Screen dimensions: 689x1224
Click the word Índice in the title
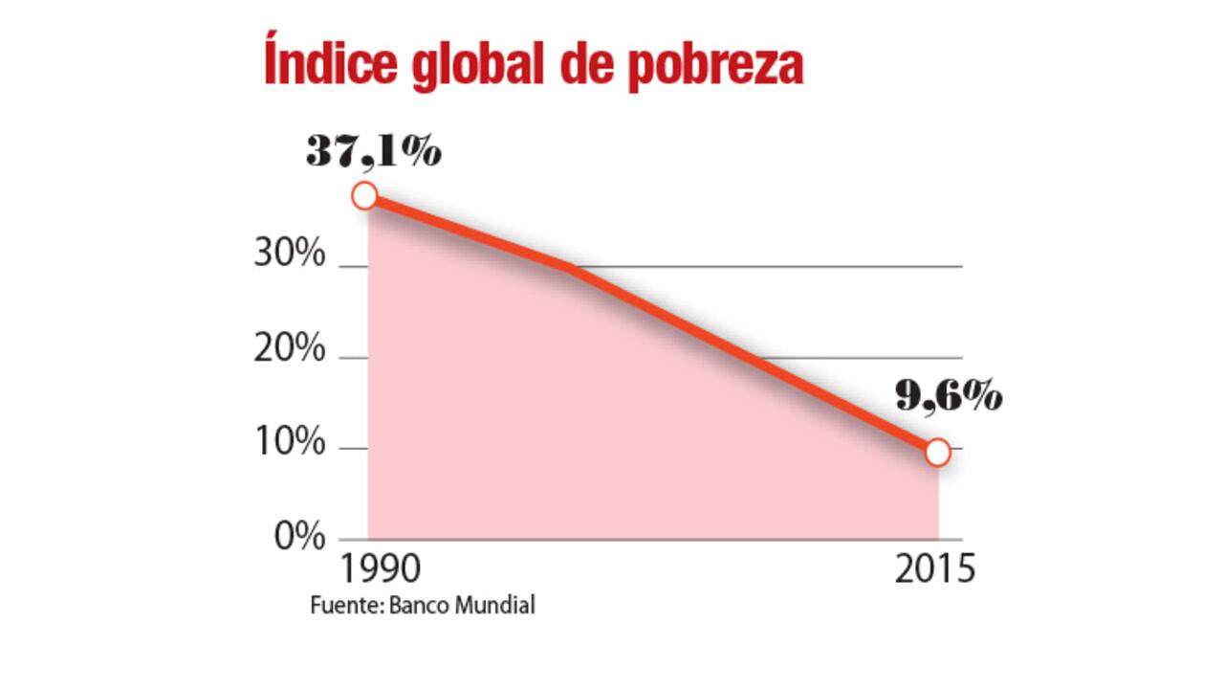[x=321, y=64]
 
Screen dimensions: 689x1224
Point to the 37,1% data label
[x=374, y=152]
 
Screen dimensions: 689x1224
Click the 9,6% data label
[x=949, y=396]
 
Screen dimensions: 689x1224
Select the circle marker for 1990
[x=365, y=196]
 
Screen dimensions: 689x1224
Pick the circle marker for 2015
[x=938, y=453]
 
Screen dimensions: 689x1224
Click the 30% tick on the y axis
[x=290, y=256]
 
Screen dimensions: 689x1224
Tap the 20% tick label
[x=290, y=349]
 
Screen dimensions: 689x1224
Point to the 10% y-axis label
[x=290, y=441]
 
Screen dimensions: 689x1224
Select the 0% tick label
[x=299, y=537]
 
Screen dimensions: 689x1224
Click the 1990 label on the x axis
[x=380, y=568]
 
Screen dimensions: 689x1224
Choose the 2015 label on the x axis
[x=935, y=568]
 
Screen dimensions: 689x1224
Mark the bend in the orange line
[x=571, y=269]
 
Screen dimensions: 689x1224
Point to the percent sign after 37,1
[x=421, y=152]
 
